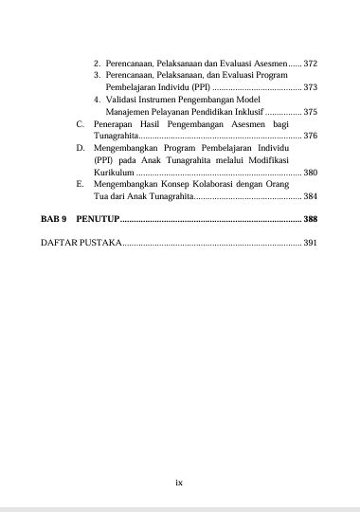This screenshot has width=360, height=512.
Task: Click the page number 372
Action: [x=310, y=63]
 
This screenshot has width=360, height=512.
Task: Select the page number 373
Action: [x=310, y=87]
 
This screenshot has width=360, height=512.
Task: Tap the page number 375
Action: [x=310, y=112]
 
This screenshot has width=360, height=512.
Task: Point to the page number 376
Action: [x=310, y=137]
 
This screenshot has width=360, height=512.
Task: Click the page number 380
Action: [x=310, y=174]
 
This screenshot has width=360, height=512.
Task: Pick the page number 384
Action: [x=310, y=198]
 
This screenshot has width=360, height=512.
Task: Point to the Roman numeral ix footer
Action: [x=179, y=483]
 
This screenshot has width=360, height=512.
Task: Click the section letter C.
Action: [x=81, y=124]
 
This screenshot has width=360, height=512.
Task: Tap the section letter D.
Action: [x=81, y=149]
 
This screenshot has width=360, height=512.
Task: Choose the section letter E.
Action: [x=81, y=186]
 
